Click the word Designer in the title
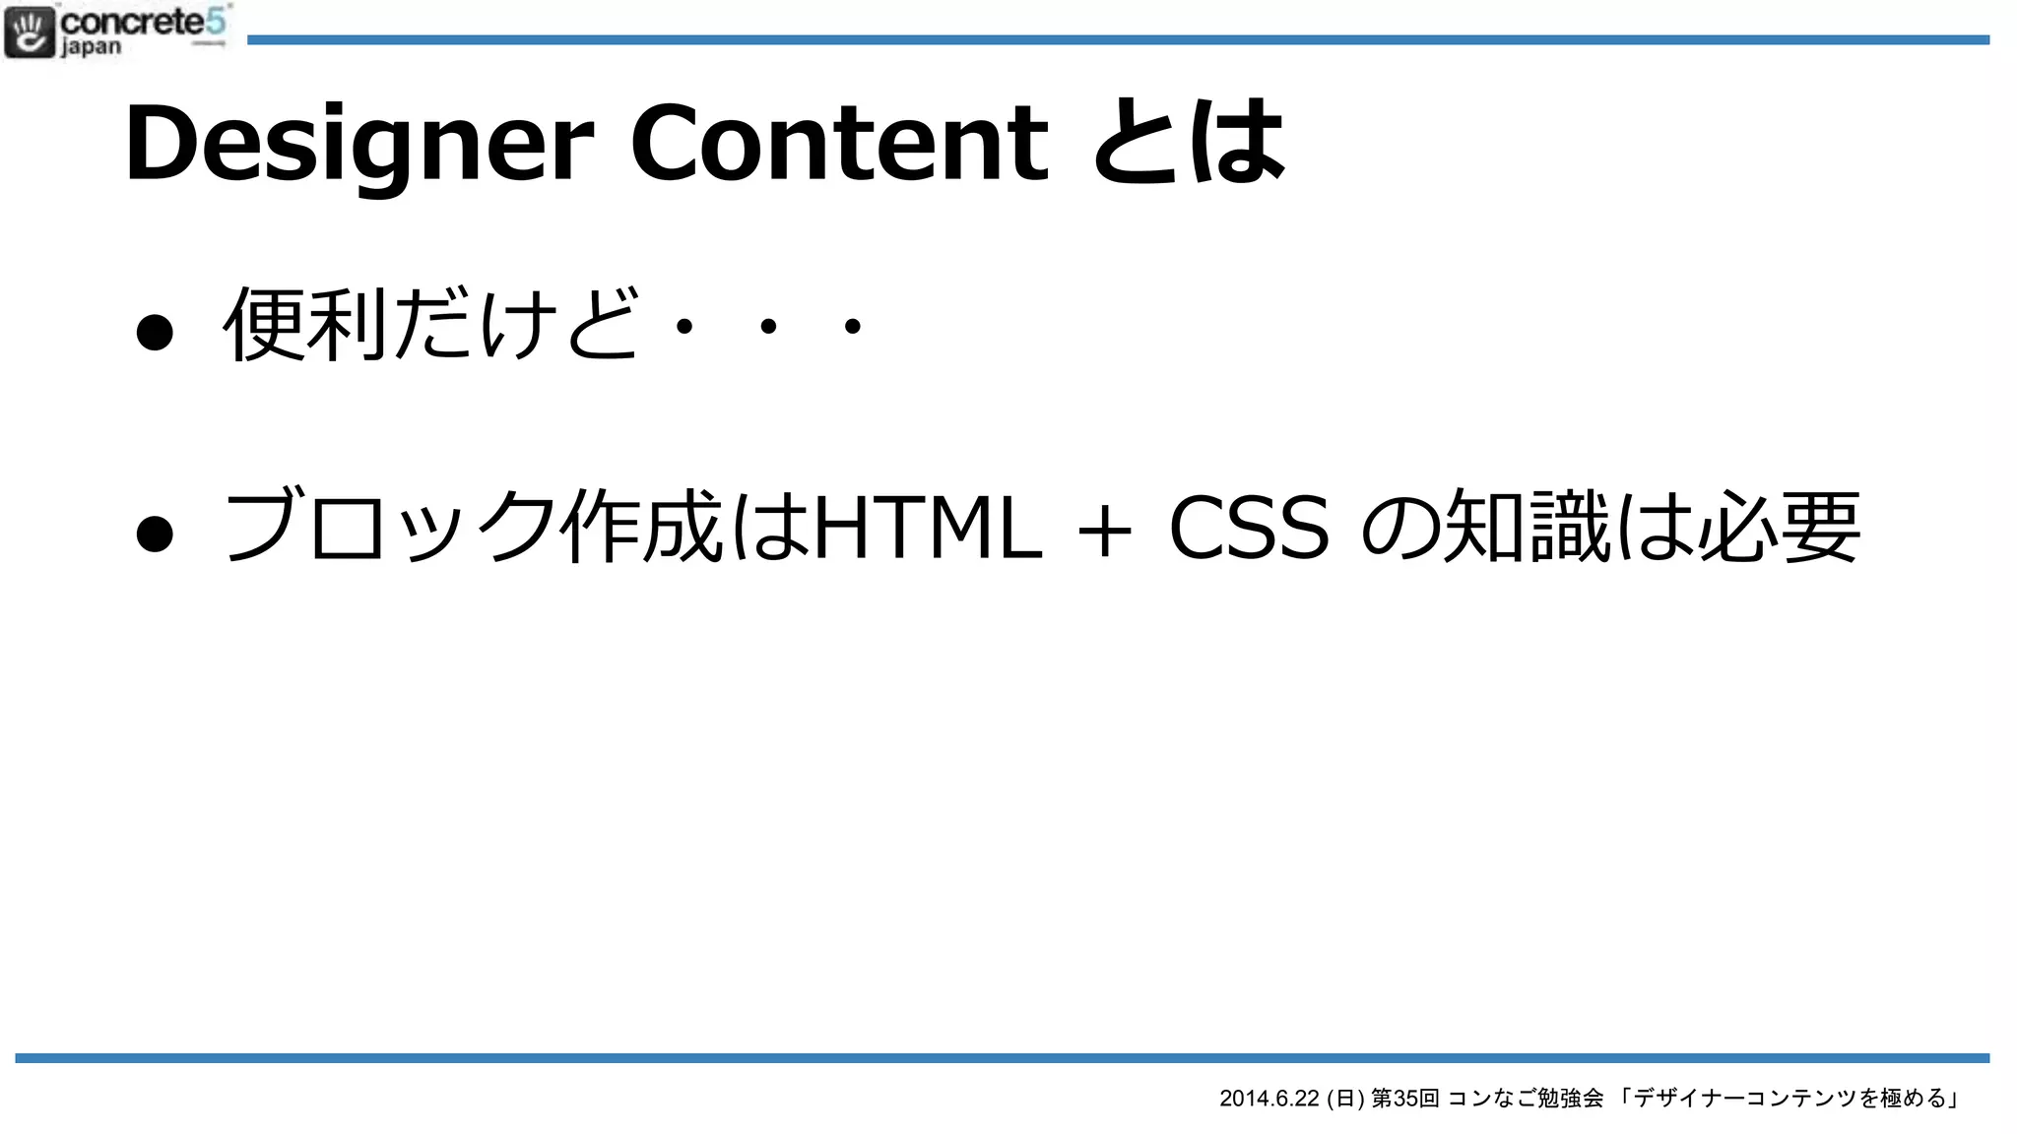(358, 146)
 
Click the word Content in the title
(839, 144)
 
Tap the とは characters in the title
(1189, 144)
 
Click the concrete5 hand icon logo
(29, 32)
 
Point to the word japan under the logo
(92, 47)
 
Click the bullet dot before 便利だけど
(155, 331)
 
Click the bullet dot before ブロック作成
(155, 533)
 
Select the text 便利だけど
(431, 325)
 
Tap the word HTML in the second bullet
(927, 528)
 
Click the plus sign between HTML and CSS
(1104, 532)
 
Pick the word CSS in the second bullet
(1249, 528)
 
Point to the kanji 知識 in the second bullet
(1527, 528)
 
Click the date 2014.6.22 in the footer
(1269, 1099)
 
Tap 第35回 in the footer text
(1405, 1099)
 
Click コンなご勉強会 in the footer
(1526, 1099)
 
